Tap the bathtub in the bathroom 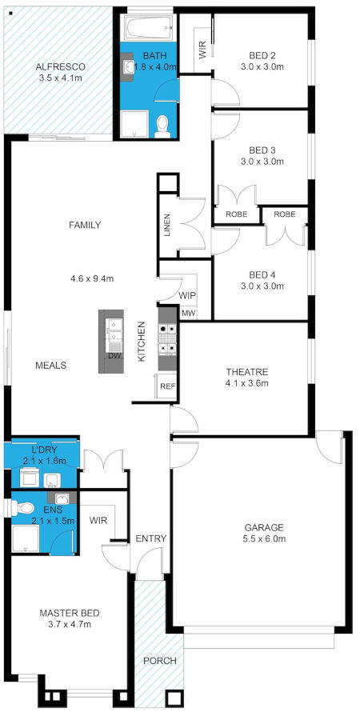tap(148, 30)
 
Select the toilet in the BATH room tap(162, 124)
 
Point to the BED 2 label tap(262, 55)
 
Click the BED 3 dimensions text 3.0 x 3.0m tap(262, 162)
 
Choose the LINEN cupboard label tap(166, 226)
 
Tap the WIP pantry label tap(187, 295)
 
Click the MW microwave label tap(189, 313)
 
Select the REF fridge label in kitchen tap(167, 386)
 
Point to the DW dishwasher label tap(114, 356)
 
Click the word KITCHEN tap(141, 342)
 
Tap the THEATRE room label tap(246, 372)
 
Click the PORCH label tap(159, 661)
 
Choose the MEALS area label tap(50, 365)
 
